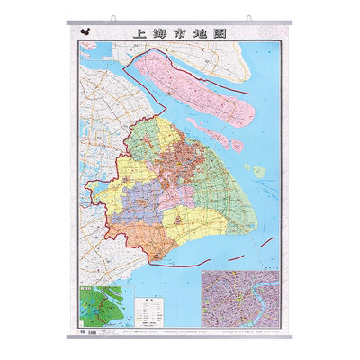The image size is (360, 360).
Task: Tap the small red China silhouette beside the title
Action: click(x=86, y=31)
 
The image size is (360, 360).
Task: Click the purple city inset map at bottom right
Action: click(x=240, y=299)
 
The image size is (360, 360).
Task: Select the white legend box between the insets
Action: click(x=147, y=310)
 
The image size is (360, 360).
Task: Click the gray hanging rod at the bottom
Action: click(x=180, y=337)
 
